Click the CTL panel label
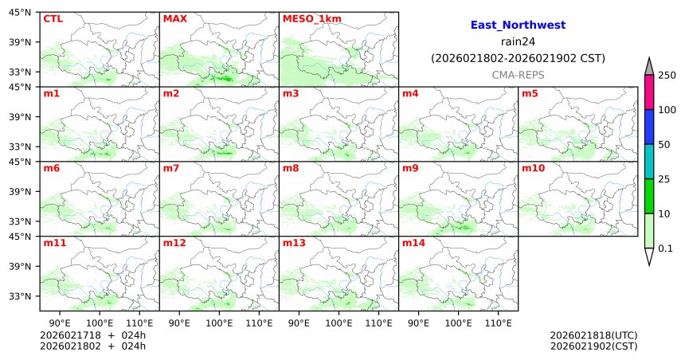[x=53, y=18]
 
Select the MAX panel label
[x=174, y=18]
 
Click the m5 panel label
[x=530, y=94]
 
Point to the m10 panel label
[x=533, y=169]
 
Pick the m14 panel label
[x=413, y=243]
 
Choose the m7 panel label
[x=171, y=169]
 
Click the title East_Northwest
[x=518, y=25]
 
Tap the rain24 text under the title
[x=518, y=42]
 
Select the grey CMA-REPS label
[x=518, y=74]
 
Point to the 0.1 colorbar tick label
[x=665, y=248]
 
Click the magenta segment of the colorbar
[x=649, y=92]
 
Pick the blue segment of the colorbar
[x=649, y=127]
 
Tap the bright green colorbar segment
[x=649, y=196]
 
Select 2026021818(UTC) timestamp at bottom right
[x=593, y=335]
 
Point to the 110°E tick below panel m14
[x=499, y=323]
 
